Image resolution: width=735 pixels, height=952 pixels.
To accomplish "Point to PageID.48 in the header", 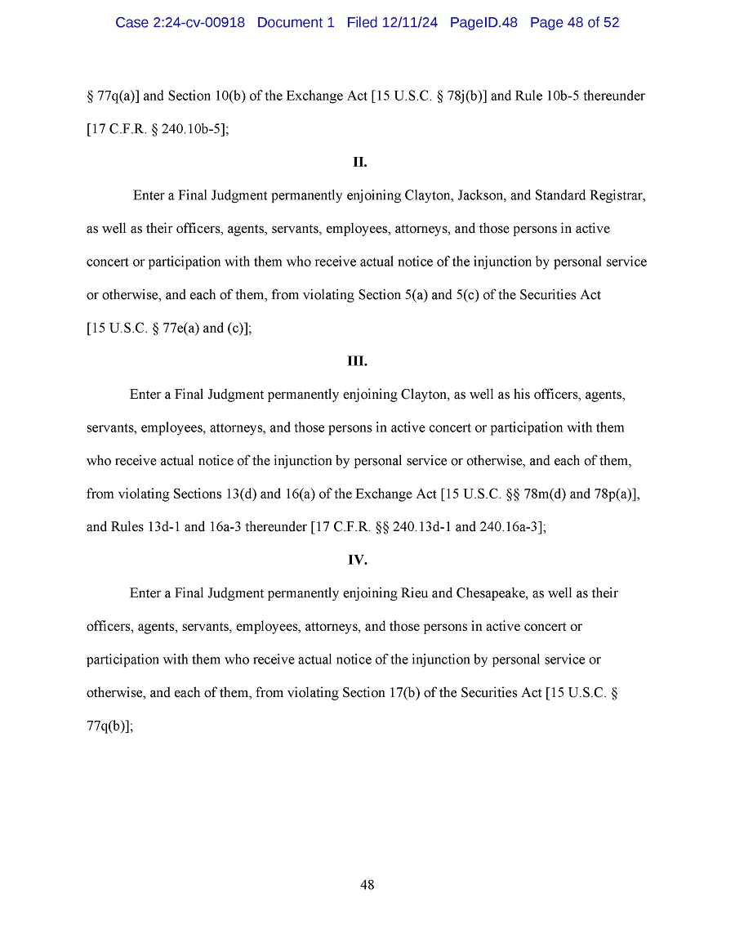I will point(483,23).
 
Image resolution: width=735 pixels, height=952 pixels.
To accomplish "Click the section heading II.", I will point(359,163).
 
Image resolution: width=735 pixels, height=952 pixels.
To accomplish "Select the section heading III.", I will point(358,361).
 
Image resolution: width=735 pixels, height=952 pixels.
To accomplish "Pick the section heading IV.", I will point(358,560).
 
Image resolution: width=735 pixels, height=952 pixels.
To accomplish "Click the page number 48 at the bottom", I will point(367,885).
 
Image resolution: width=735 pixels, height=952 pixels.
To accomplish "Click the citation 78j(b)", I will point(466,96).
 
